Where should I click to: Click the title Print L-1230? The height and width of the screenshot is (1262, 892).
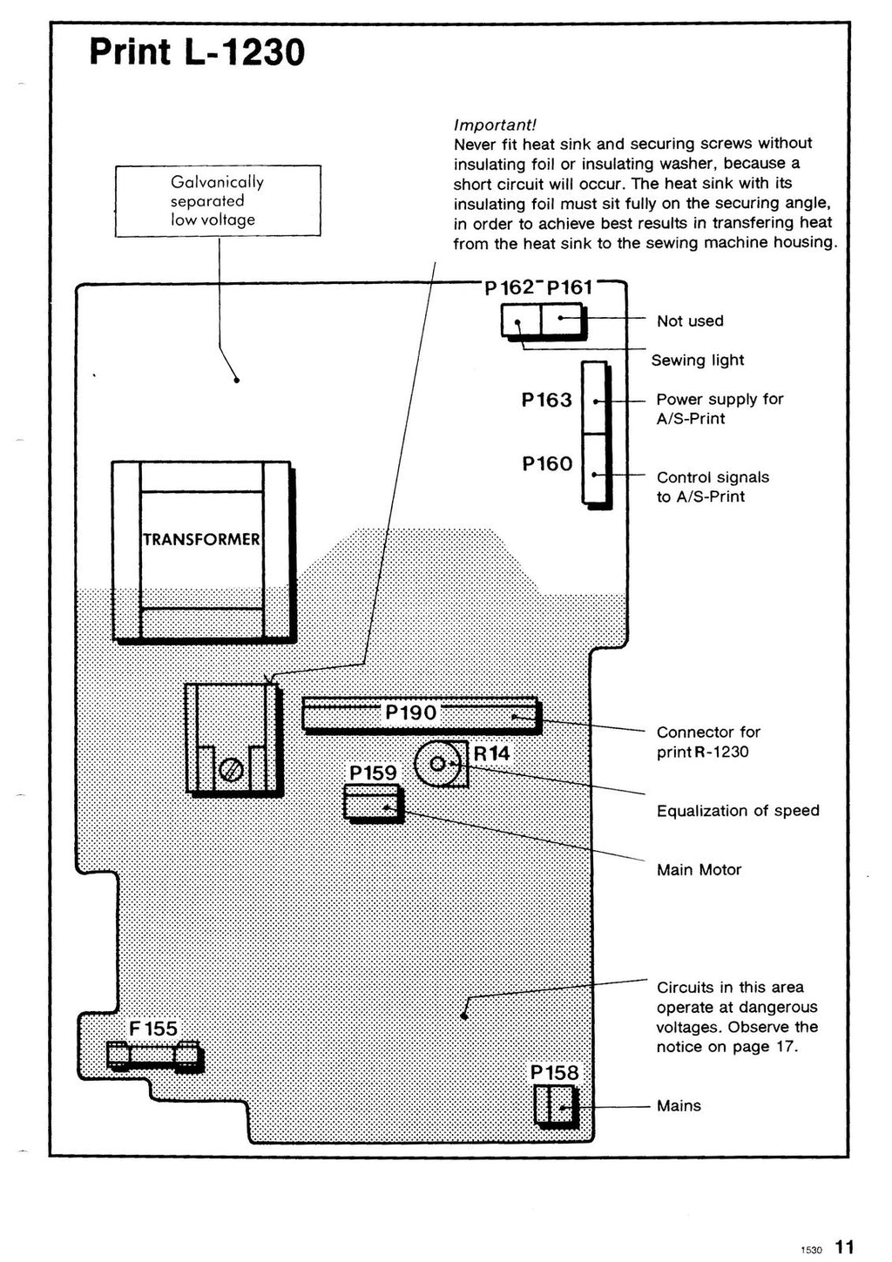197,53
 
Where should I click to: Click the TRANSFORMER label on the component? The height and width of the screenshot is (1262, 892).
201,539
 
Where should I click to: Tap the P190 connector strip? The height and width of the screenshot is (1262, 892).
422,713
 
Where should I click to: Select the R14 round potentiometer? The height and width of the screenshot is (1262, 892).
438,764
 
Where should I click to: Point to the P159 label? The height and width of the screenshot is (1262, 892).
373,773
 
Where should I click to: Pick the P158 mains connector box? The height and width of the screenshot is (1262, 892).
554,1106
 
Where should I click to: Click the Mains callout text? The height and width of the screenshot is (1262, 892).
679,1106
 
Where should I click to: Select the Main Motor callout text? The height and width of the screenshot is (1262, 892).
699,869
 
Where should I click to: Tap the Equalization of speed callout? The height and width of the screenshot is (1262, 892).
737,811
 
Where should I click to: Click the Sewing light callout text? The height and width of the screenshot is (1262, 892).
697,360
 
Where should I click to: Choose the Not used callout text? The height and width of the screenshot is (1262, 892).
690,321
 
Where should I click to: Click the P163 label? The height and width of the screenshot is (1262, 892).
547,400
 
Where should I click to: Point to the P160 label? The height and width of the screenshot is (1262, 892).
547,463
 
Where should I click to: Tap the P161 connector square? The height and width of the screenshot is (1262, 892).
563,320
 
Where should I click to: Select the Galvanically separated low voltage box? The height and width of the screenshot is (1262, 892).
218,201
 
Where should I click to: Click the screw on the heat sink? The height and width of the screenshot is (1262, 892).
231,771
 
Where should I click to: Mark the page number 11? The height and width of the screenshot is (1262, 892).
844,1246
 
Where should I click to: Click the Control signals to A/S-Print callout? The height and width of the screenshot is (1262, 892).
713,487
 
